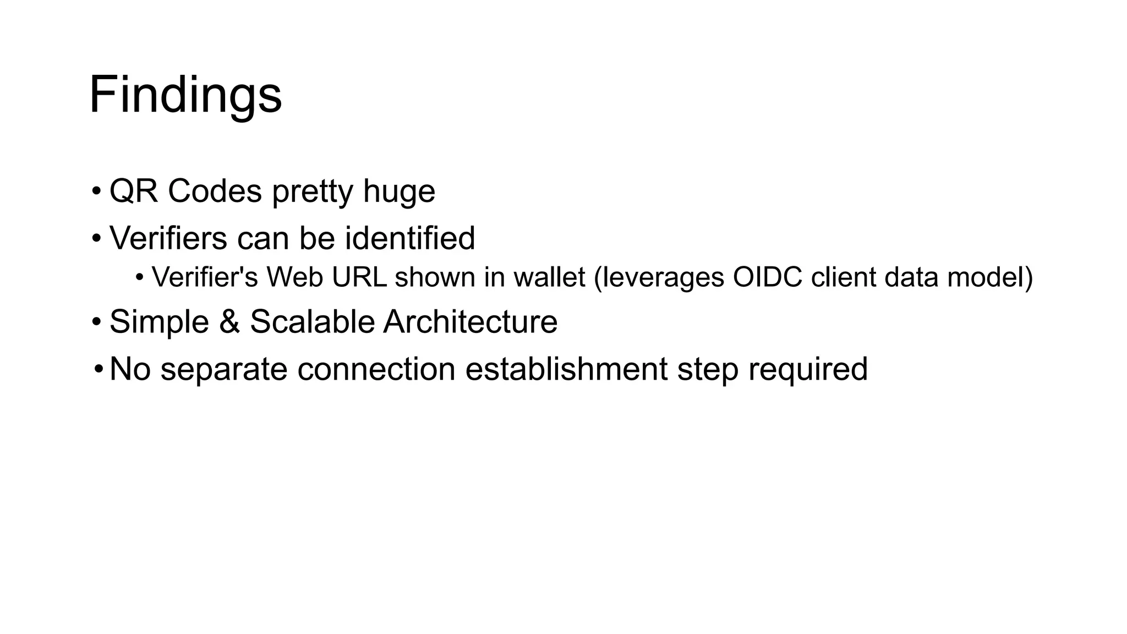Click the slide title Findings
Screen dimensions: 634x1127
click(x=185, y=95)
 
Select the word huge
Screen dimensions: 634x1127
click(x=399, y=192)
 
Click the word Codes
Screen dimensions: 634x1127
click(x=215, y=191)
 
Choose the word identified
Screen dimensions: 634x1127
click(x=409, y=238)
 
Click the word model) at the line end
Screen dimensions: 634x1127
click(x=990, y=277)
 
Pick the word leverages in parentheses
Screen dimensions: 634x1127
click(x=659, y=278)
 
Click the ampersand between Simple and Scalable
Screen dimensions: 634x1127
click(x=229, y=321)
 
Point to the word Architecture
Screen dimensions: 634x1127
click(x=471, y=321)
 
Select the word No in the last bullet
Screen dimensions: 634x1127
click(x=130, y=369)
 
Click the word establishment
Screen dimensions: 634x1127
click(x=566, y=369)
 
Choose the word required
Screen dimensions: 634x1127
click(x=807, y=370)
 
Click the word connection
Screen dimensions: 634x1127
click(x=376, y=369)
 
